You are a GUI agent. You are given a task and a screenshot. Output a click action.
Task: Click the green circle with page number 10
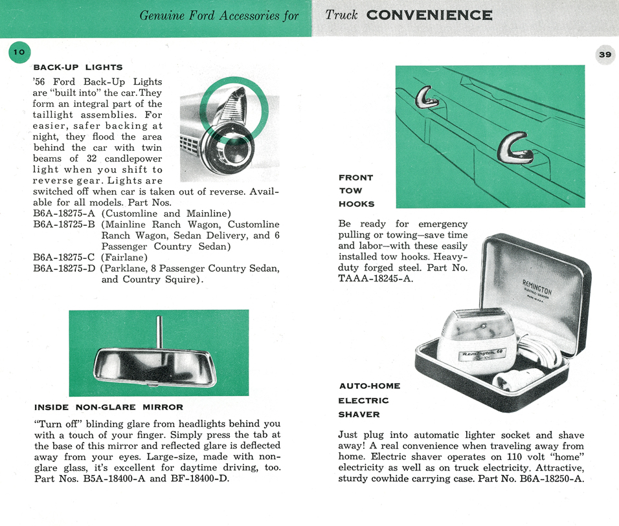[x=19, y=52]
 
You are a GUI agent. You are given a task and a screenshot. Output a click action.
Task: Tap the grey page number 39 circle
[x=605, y=55]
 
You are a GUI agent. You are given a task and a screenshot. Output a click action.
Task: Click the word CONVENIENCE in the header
[x=429, y=15]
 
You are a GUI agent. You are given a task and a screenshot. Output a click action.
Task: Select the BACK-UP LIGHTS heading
[x=78, y=67]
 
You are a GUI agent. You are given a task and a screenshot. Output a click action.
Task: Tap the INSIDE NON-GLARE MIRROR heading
[x=108, y=408]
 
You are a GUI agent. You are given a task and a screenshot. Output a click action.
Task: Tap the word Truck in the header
[x=341, y=15]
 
